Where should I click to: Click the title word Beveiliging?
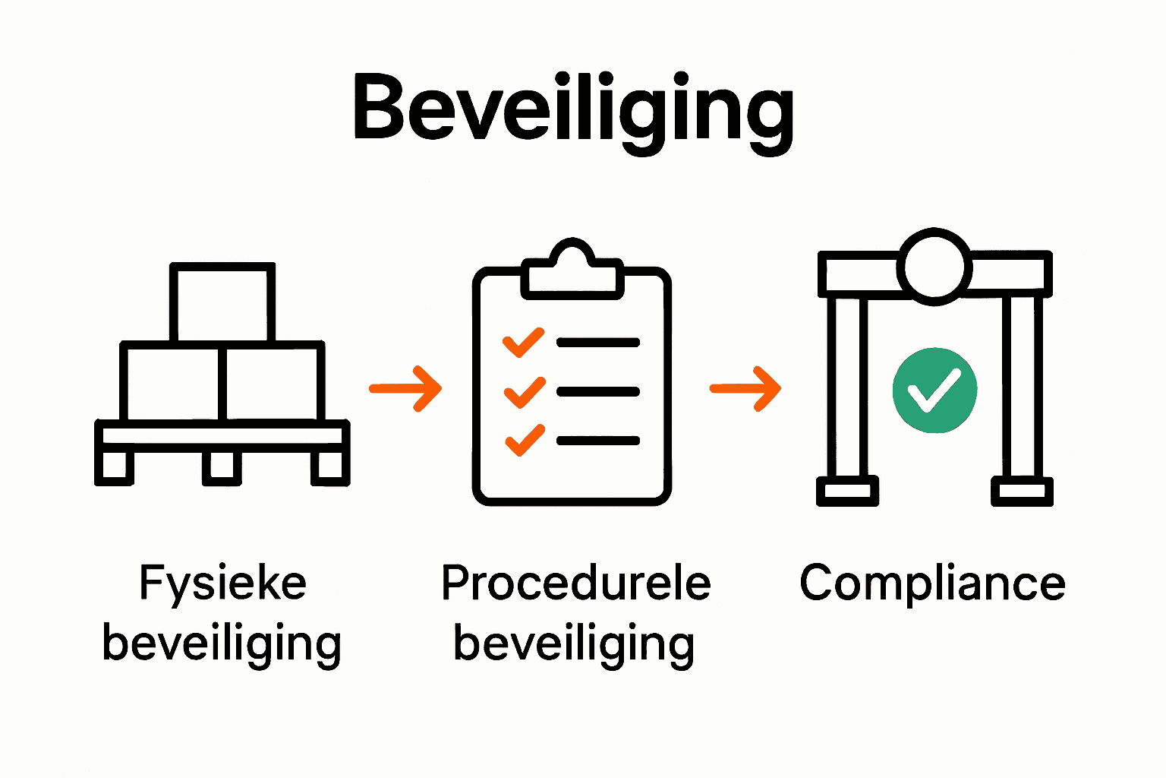click(573, 110)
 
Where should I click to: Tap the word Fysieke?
click(222, 583)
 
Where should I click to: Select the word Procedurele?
click(575, 583)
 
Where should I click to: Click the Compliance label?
click(932, 583)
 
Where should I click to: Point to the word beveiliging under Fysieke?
click(222, 644)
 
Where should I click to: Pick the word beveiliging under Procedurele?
click(574, 644)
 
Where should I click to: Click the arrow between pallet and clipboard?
click(405, 388)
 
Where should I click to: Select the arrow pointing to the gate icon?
click(745, 388)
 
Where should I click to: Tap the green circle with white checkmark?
click(934, 391)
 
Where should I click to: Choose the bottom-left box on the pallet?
click(172, 384)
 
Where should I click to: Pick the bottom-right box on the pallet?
click(272, 384)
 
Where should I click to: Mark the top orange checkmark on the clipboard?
click(524, 342)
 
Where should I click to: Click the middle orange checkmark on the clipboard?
click(524, 392)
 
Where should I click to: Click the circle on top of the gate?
click(934, 267)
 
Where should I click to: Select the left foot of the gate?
click(847, 491)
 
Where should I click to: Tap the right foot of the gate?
click(1022, 491)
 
